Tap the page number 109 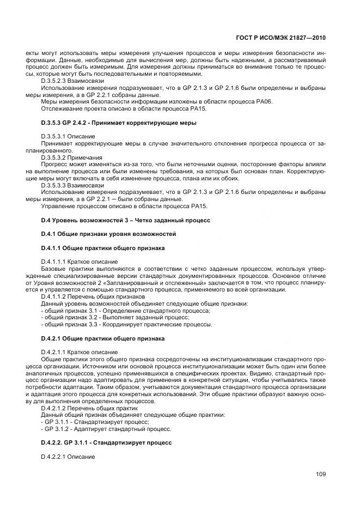point(320,474)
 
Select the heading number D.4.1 point(50,234)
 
